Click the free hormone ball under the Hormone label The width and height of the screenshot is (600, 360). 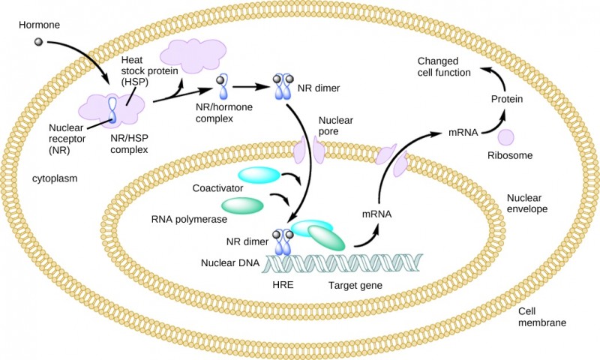[38, 38]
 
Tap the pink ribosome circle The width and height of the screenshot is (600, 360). [506, 137]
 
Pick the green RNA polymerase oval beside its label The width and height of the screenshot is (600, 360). [242, 205]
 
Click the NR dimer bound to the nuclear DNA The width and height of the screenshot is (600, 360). [283, 243]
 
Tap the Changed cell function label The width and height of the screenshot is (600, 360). [444, 67]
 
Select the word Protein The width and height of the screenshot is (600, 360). [506, 99]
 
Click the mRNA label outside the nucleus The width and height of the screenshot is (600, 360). [462, 132]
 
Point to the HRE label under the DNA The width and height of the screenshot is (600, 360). [283, 286]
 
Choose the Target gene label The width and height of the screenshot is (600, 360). [355, 286]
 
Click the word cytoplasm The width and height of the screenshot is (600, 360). [55, 179]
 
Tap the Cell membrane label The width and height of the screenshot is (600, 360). [541, 317]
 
